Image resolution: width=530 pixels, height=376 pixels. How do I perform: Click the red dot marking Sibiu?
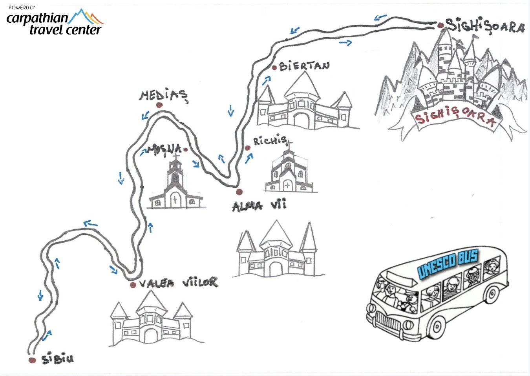click(32, 360)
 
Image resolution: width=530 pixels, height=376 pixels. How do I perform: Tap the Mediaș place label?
click(163, 95)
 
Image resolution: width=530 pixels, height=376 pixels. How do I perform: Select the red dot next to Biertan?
click(274, 68)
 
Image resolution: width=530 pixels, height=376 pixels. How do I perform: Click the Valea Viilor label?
click(178, 283)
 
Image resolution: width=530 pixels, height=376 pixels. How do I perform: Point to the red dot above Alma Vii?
click(239, 192)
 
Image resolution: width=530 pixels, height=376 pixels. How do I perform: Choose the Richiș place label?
click(270, 140)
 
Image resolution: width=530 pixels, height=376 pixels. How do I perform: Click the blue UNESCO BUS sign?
click(448, 265)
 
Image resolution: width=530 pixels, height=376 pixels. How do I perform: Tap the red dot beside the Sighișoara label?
click(441, 25)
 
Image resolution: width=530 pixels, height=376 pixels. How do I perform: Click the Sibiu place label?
click(57, 358)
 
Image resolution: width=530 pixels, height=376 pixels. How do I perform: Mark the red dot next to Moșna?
click(185, 149)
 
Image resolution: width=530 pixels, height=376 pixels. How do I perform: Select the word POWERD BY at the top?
click(22, 7)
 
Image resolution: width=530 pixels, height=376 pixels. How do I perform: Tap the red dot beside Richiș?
click(247, 148)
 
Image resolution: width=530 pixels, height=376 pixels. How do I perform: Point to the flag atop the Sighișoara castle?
click(475, 36)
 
